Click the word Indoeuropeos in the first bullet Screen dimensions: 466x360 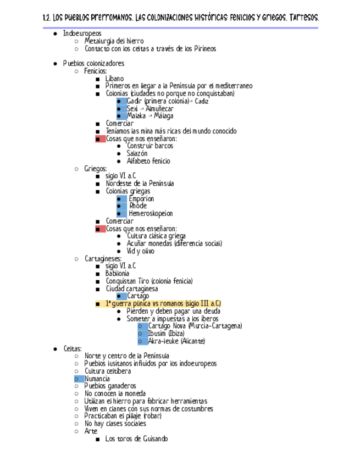pos(82,34)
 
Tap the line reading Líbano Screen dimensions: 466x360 pos(115,79)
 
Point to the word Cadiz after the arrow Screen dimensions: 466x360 pos(201,101)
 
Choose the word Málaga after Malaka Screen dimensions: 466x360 pos(163,116)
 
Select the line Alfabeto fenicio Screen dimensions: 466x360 pos(148,161)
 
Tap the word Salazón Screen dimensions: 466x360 pos(137,154)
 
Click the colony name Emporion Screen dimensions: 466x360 pos(141,199)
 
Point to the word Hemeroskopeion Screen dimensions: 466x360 pos(151,214)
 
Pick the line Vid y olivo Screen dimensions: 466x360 pos(140,251)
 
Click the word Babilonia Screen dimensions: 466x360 pos(118,273)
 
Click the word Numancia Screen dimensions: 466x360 pos(97,379)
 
